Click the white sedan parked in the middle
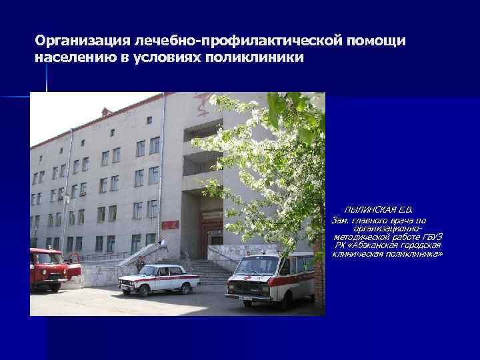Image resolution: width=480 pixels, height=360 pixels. [159, 278]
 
